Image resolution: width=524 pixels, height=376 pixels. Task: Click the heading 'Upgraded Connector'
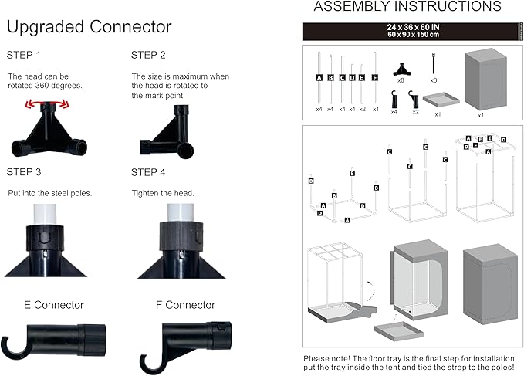89,27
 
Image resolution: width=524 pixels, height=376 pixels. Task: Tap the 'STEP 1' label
25,56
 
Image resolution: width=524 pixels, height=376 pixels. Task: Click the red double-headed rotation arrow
45,103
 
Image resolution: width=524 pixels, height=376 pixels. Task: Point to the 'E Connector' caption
53,305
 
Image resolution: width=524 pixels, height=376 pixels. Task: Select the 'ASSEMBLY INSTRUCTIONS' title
407,8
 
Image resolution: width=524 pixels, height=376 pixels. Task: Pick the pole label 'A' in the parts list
319,78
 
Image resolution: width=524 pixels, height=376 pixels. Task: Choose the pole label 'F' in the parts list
374,78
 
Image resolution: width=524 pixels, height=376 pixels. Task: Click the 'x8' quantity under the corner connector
401,80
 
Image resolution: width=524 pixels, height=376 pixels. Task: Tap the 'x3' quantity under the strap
434,80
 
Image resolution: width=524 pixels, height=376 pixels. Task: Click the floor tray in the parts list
438,100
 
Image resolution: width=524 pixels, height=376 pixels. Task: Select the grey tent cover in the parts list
481,81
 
